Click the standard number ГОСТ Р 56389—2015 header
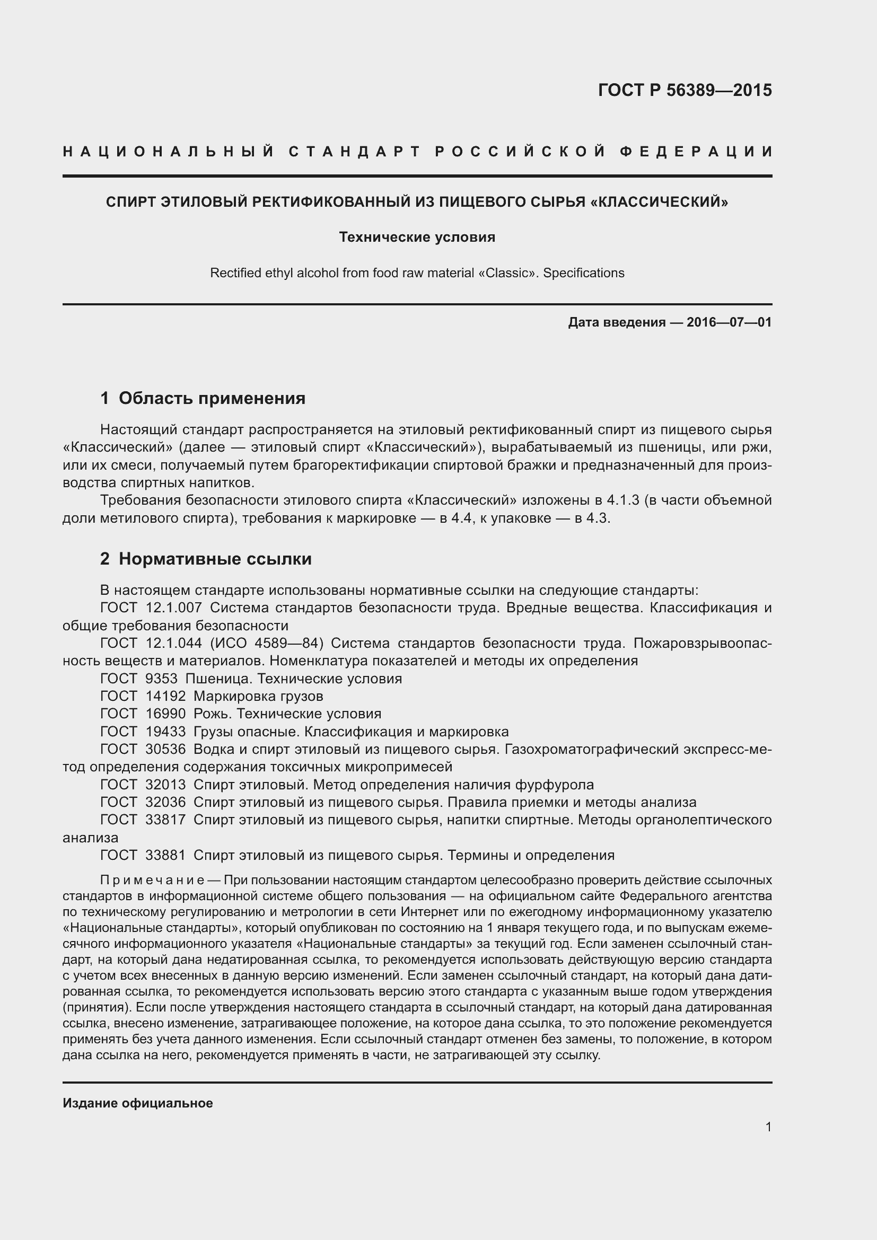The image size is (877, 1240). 685,90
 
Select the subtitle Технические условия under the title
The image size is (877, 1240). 417,237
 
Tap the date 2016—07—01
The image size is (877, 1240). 729,322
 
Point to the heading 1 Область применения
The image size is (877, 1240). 203,398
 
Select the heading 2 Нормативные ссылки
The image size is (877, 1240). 206,558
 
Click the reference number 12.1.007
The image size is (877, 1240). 173,608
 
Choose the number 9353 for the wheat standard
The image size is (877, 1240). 162,679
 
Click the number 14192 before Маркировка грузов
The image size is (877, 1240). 165,696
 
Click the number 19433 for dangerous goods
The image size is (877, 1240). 165,732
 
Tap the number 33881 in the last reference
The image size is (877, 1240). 165,856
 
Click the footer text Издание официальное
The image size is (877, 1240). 138,1103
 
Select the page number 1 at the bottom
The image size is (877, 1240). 768,1127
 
